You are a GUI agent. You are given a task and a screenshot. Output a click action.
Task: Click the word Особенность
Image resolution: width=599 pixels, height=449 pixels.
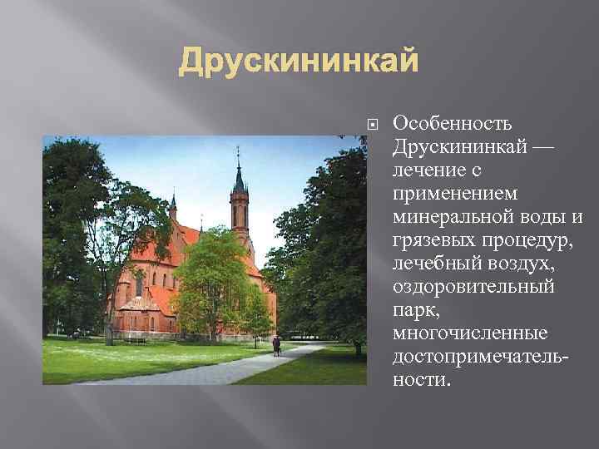(456, 124)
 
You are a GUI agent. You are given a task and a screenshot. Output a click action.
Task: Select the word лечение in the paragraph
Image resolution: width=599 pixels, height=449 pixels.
(432, 170)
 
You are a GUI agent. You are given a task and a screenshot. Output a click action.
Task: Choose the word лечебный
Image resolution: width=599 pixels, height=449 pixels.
(433, 264)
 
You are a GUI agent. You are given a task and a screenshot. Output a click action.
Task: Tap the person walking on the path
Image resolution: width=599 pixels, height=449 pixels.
(276, 345)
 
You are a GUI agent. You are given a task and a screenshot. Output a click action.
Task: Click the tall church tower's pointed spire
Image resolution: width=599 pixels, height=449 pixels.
(239, 170)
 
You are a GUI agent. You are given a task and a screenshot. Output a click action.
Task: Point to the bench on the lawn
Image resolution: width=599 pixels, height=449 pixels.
(135, 340)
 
